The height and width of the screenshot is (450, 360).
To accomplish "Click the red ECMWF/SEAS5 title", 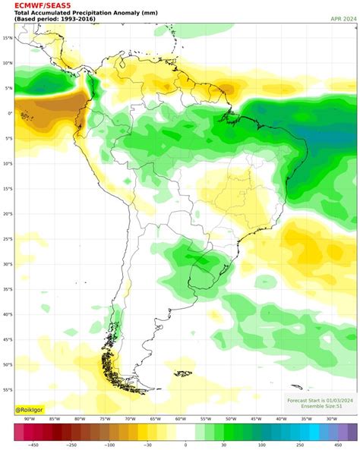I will pos(37,5).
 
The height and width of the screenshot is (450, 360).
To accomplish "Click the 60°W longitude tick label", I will pos(180,419).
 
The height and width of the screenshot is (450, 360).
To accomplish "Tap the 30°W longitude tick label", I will pos(331,419).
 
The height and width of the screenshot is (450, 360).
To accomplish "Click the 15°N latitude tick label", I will pos(7,38).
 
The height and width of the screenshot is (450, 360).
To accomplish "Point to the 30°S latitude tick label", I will pos(7,264).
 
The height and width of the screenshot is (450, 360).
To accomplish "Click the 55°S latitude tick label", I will pos(7,389).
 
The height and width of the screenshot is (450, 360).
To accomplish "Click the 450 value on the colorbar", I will pos(337,445).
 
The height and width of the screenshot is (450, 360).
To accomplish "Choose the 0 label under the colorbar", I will pos(185,445).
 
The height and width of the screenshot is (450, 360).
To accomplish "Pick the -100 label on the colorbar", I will pos(111,445).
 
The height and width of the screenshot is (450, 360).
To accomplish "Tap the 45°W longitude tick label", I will pos(256,419).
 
